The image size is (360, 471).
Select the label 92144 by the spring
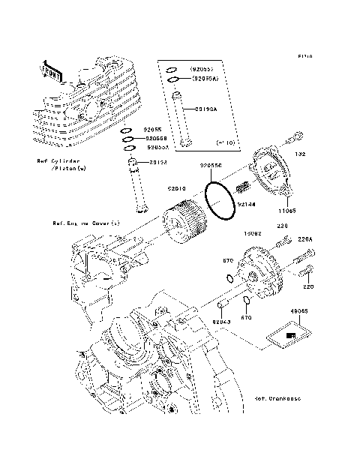click(247, 203)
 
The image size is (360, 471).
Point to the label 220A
click(304, 240)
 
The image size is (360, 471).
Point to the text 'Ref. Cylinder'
click(57, 161)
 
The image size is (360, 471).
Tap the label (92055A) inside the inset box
click(204, 77)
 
